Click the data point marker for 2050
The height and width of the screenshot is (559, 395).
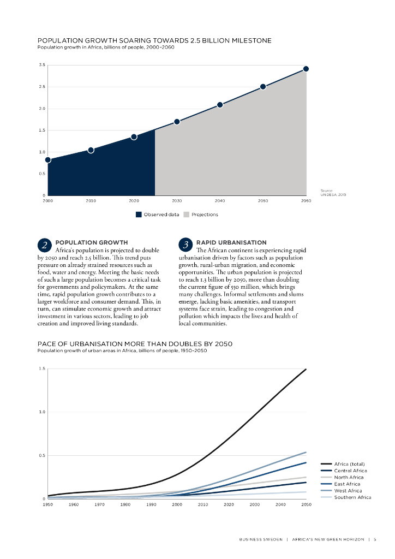(263, 87)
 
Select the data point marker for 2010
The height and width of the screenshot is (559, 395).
(91, 150)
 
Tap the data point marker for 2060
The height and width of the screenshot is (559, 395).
(306, 69)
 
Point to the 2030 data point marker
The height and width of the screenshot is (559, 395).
(177, 122)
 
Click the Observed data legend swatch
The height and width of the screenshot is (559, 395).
(139, 215)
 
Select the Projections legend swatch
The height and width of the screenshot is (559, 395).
(187, 215)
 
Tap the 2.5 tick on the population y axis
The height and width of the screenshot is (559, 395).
(42, 87)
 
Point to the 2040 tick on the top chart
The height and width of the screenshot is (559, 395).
(220, 201)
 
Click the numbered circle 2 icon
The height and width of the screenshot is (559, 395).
(45, 246)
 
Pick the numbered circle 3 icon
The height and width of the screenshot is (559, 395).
(186, 246)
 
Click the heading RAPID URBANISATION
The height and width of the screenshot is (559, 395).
(231, 242)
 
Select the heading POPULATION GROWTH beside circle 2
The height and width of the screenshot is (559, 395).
(92, 242)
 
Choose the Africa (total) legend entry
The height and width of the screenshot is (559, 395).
(349, 464)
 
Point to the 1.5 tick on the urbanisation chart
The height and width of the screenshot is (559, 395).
(42, 368)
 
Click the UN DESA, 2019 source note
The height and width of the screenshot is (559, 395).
(333, 194)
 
